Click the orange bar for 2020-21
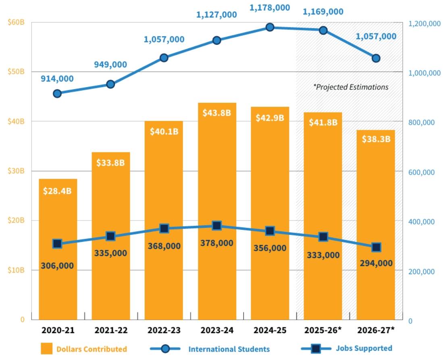(58, 249)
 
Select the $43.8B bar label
(217, 113)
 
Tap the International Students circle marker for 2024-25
(270, 27)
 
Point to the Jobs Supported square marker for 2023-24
(217, 225)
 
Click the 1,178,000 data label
(270, 8)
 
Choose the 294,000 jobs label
(376, 263)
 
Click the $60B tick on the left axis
(16, 22)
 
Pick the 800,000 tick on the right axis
(421, 123)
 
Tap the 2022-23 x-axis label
(164, 330)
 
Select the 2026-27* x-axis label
(376, 330)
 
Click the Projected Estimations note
(351, 87)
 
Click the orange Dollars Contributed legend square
(47, 349)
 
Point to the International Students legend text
(229, 349)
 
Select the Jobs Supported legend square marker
(316, 349)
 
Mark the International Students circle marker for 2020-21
(57, 94)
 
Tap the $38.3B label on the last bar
(376, 139)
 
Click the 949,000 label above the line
(110, 65)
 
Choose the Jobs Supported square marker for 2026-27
(376, 247)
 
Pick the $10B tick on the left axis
(16, 270)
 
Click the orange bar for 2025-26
(323, 216)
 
